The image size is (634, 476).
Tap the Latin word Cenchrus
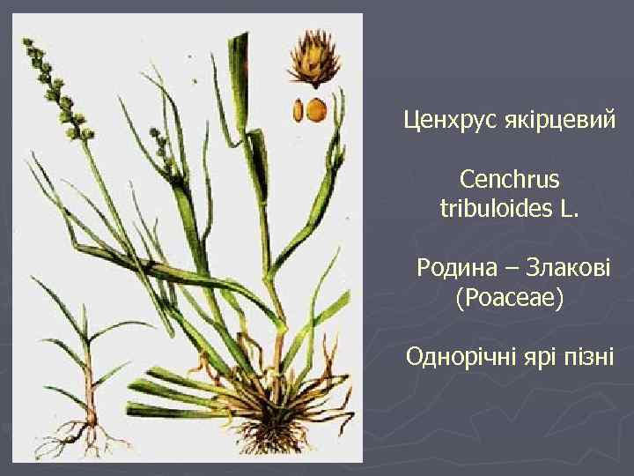[x=509, y=180]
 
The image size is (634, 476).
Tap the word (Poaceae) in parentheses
[x=509, y=298]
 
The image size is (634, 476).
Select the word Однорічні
[x=455, y=358]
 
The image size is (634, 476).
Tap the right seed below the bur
[x=316, y=109]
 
